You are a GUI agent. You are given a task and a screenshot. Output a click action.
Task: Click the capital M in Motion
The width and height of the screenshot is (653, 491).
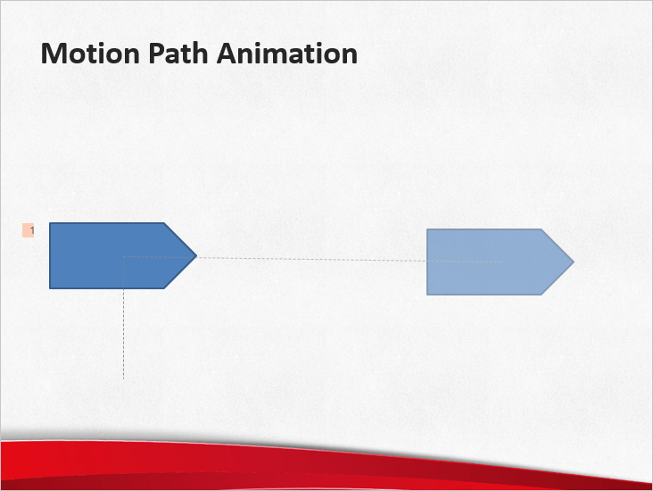point(53,54)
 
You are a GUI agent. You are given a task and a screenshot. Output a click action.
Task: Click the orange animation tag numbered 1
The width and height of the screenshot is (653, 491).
point(28,231)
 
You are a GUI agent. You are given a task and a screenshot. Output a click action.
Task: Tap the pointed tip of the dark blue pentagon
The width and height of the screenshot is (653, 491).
point(195,256)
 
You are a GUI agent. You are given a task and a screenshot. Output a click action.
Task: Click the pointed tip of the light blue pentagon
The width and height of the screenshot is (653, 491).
point(573,262)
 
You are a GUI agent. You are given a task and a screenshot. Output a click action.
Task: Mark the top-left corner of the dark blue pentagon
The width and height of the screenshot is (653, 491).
point(51,224)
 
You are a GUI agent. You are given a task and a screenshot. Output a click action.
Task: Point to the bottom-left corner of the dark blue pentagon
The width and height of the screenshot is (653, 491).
point(51,287)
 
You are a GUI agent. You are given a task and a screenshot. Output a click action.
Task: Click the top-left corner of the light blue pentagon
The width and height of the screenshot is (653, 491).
point(428,230)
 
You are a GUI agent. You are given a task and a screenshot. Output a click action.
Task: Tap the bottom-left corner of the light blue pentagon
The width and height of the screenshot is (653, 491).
point(428,294)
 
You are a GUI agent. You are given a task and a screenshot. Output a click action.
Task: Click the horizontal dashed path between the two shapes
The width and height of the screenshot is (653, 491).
point(312,259)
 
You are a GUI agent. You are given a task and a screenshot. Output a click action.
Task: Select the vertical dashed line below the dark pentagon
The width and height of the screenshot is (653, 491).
point(123,330)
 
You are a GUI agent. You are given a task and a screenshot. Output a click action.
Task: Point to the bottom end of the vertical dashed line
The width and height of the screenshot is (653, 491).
point(123,379)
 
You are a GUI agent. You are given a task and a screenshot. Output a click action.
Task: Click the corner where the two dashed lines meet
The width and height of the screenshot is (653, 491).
point(123,257)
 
